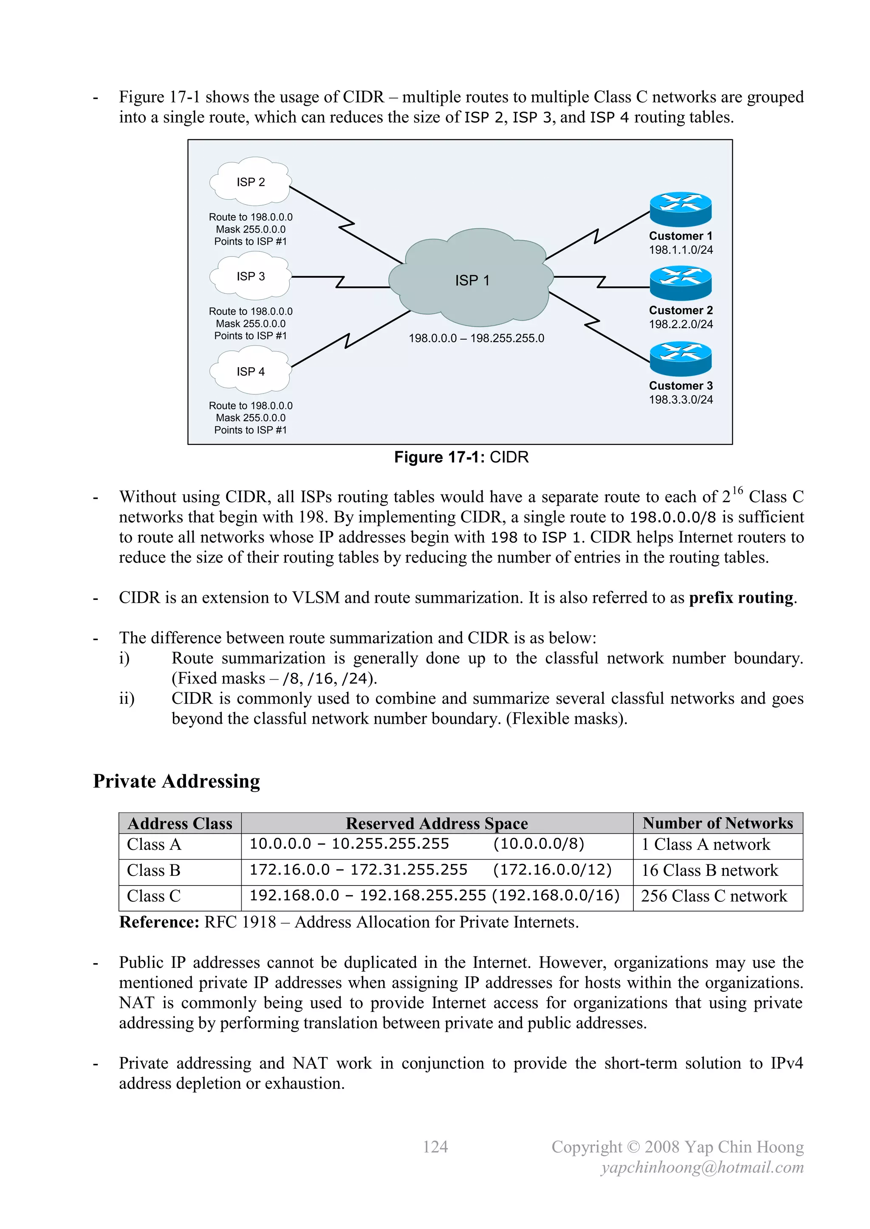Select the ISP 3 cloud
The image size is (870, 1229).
coord(250,276)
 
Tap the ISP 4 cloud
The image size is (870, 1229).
coord(250,371)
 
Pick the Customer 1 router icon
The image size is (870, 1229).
coord(681,209)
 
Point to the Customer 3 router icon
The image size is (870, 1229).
coord(681,359)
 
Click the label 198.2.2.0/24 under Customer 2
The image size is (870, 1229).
coord(681,324)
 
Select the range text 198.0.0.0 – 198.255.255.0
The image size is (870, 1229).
coord(476,338)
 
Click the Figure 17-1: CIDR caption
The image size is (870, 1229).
coord(461,457)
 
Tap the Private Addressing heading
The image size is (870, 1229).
coord(176,781)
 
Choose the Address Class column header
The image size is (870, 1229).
coord(180,823)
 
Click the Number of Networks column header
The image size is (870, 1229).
coord(717,823)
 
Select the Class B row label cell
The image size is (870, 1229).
coord(154,870)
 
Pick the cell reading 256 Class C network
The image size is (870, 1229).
coord(714,896)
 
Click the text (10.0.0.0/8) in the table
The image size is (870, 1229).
coord(538,844)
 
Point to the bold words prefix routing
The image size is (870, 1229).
coord(740,597)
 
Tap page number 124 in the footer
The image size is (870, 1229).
coord(435,1147)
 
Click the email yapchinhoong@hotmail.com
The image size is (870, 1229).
coord(702,1167)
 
